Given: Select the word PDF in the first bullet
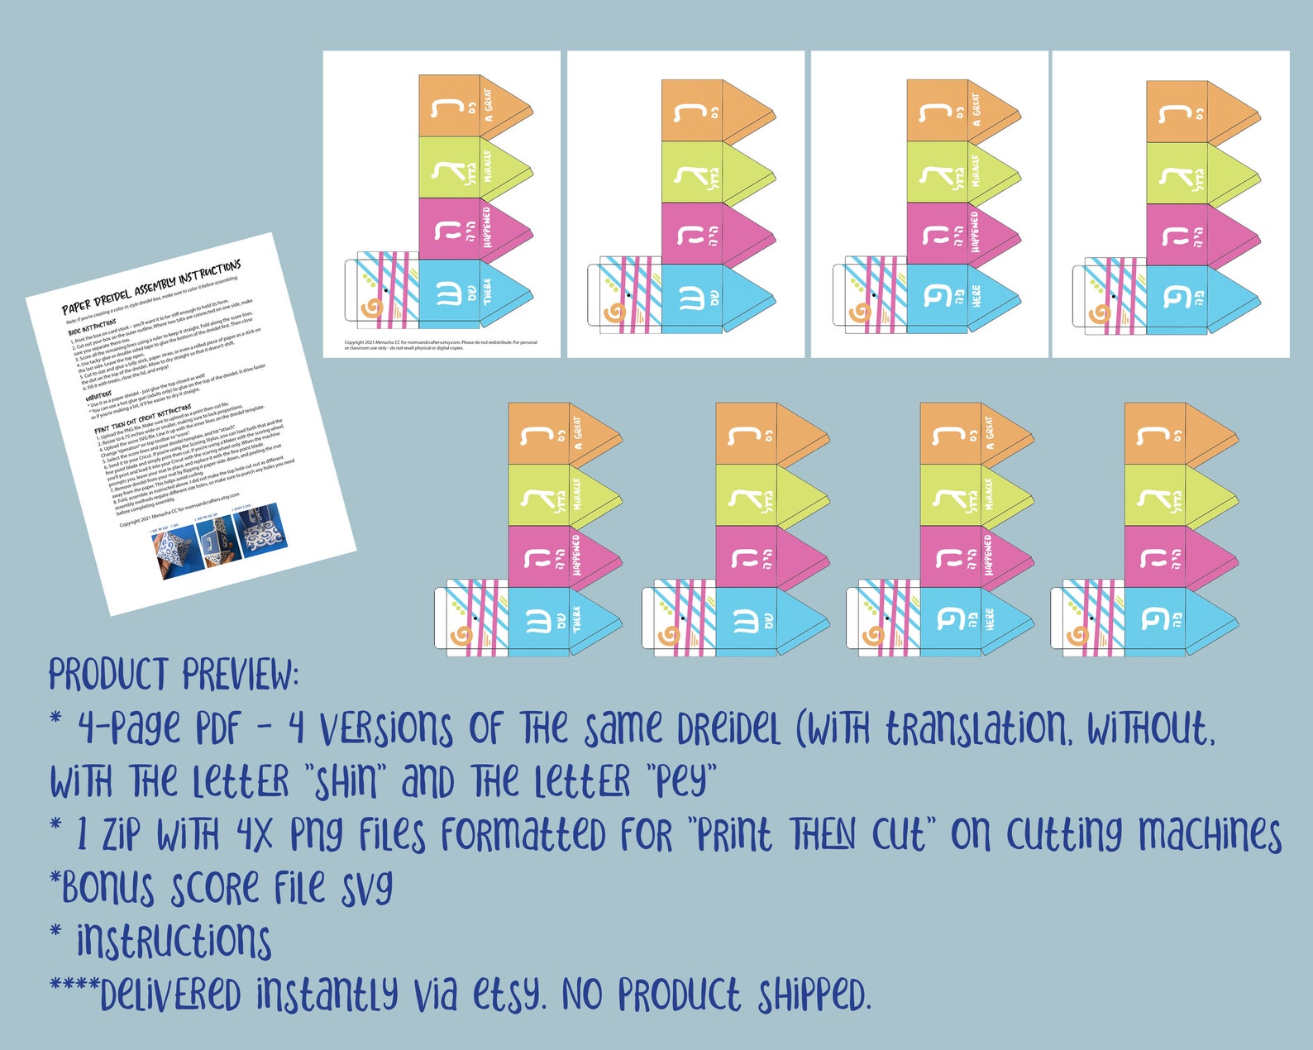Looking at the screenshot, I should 217,729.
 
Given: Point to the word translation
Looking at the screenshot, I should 976,728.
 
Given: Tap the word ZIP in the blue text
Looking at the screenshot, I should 121,835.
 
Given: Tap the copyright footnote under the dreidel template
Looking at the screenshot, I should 441,345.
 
